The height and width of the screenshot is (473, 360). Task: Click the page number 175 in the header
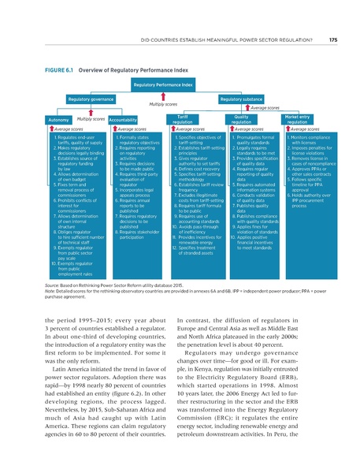[x=333, y=39]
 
